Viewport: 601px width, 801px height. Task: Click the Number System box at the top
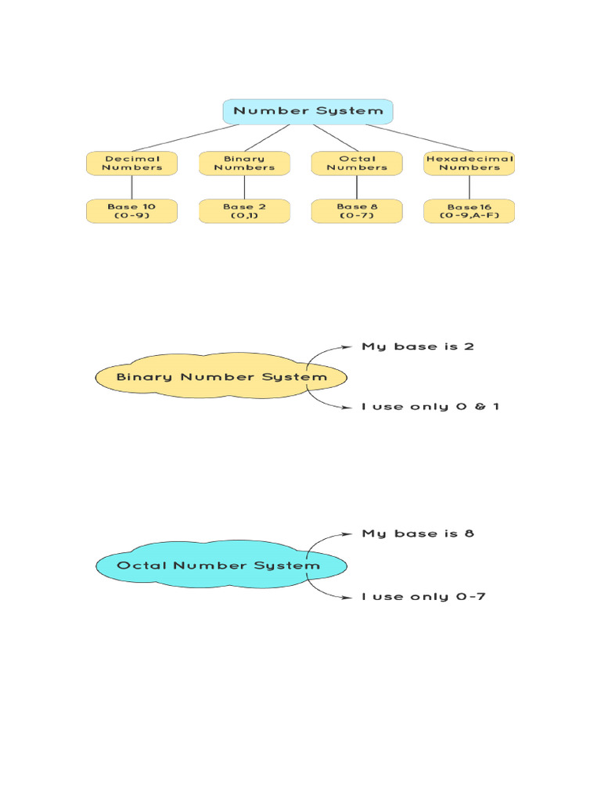point(308,111)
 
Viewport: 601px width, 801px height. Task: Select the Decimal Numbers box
point(131,163)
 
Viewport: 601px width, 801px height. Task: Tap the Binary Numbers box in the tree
point(244,163)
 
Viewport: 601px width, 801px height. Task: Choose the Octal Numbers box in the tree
point(357,163)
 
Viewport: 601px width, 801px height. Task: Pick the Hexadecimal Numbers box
point(470,163)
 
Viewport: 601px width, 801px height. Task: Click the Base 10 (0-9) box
point(131,211)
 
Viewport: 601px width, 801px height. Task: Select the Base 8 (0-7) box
point(357,211)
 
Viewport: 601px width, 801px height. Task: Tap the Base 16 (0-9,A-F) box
point(470,211)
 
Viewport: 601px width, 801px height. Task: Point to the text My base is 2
point(418,346)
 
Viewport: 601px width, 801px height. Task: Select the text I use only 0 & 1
point(430,407)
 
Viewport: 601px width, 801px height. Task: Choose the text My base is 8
point(418,533)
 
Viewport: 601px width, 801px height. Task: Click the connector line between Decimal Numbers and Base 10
point(131,187)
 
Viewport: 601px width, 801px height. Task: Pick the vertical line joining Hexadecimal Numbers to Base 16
point(470,187)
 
